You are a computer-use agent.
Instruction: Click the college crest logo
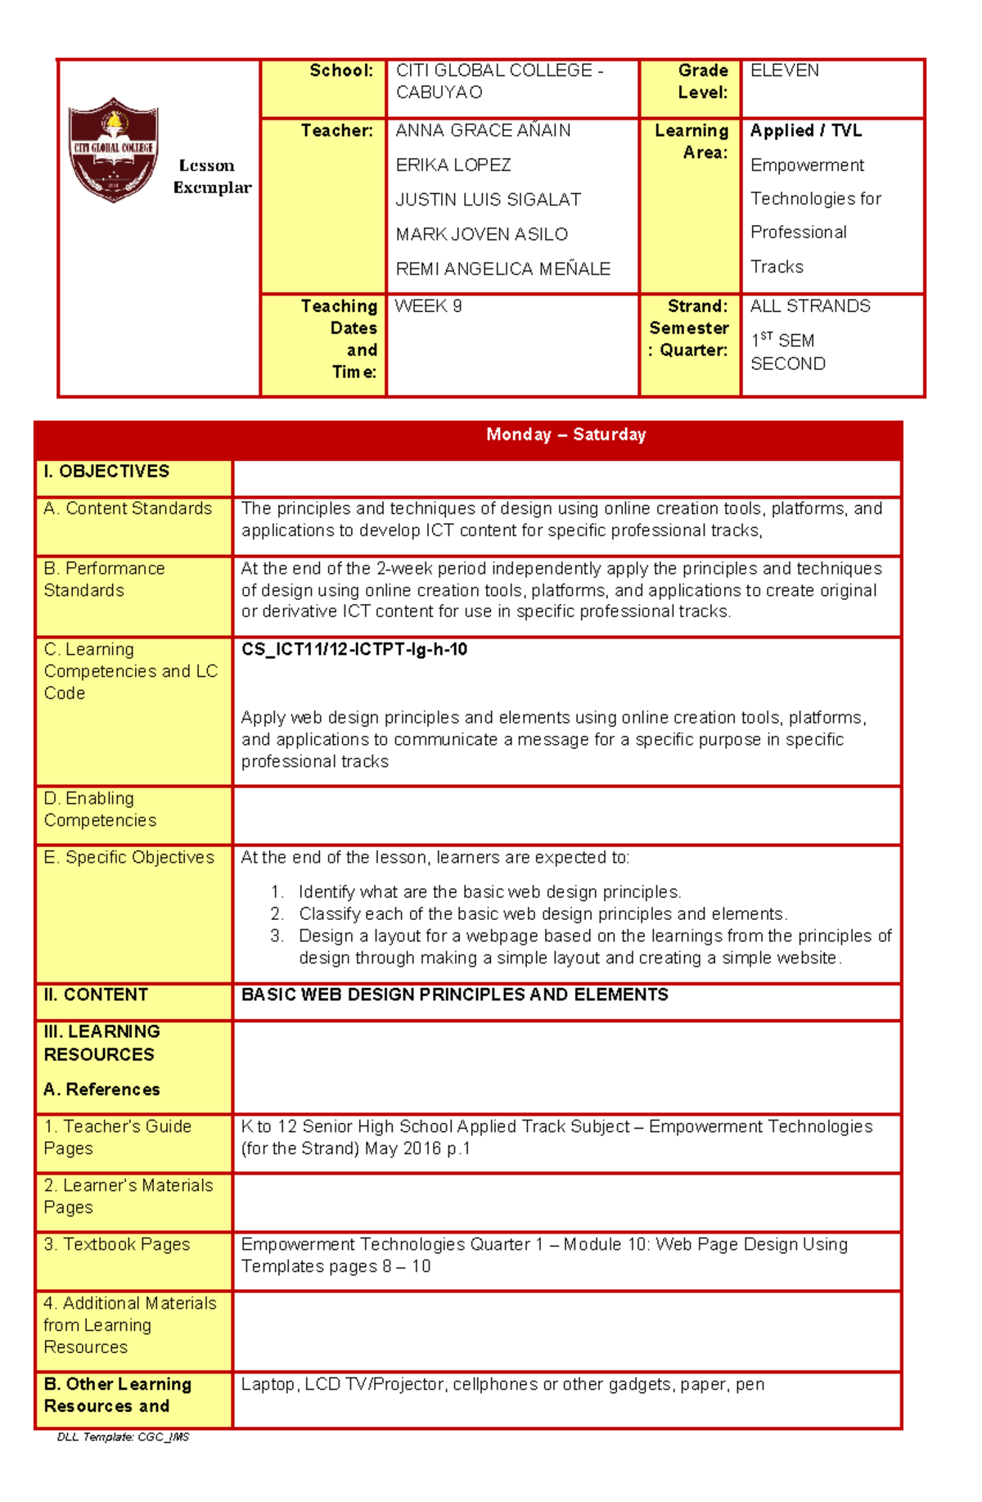(113, 150)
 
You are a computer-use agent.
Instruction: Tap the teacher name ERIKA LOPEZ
(453, 165)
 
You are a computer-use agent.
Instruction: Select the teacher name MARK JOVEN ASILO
(481, 235)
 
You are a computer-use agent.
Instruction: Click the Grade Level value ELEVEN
(784, 71)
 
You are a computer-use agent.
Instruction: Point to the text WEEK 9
(428, 306)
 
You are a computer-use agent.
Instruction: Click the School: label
(341, 71)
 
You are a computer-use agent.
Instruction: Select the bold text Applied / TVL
(805, 131)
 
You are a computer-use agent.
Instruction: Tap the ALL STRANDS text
(809, 306)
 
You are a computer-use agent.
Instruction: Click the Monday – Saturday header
(565, 435)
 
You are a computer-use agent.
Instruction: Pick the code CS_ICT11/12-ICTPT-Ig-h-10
(354, 650)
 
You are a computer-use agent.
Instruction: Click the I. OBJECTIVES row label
(106, 471)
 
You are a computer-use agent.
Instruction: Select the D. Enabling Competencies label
(100, 809)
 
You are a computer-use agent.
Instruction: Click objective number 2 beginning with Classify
(542, 914)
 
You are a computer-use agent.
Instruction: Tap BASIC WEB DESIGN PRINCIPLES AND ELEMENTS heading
(454, 995)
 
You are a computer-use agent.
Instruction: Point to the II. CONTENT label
(96, 995)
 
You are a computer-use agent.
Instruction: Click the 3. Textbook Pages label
(116, 1244)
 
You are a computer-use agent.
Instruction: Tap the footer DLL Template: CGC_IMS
(123, 1437)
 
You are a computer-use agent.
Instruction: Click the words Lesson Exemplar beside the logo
(211, 177)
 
